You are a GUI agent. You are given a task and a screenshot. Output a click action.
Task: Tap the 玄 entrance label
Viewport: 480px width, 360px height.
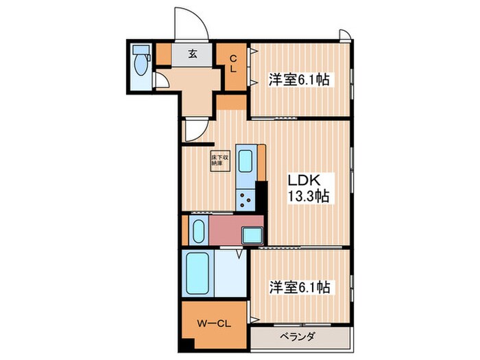click(193, 55)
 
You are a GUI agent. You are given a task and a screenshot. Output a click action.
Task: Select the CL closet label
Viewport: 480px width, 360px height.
click(233, 63)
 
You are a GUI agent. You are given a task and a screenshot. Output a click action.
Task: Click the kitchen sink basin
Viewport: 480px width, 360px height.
click(246, 162)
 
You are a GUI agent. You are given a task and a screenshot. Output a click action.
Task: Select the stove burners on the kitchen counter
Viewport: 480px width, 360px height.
click(245, 200)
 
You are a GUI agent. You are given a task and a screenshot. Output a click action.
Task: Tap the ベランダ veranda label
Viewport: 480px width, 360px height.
click(297, 337)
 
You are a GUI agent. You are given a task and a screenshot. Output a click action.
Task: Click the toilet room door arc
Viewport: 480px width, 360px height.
click(160, 82)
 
